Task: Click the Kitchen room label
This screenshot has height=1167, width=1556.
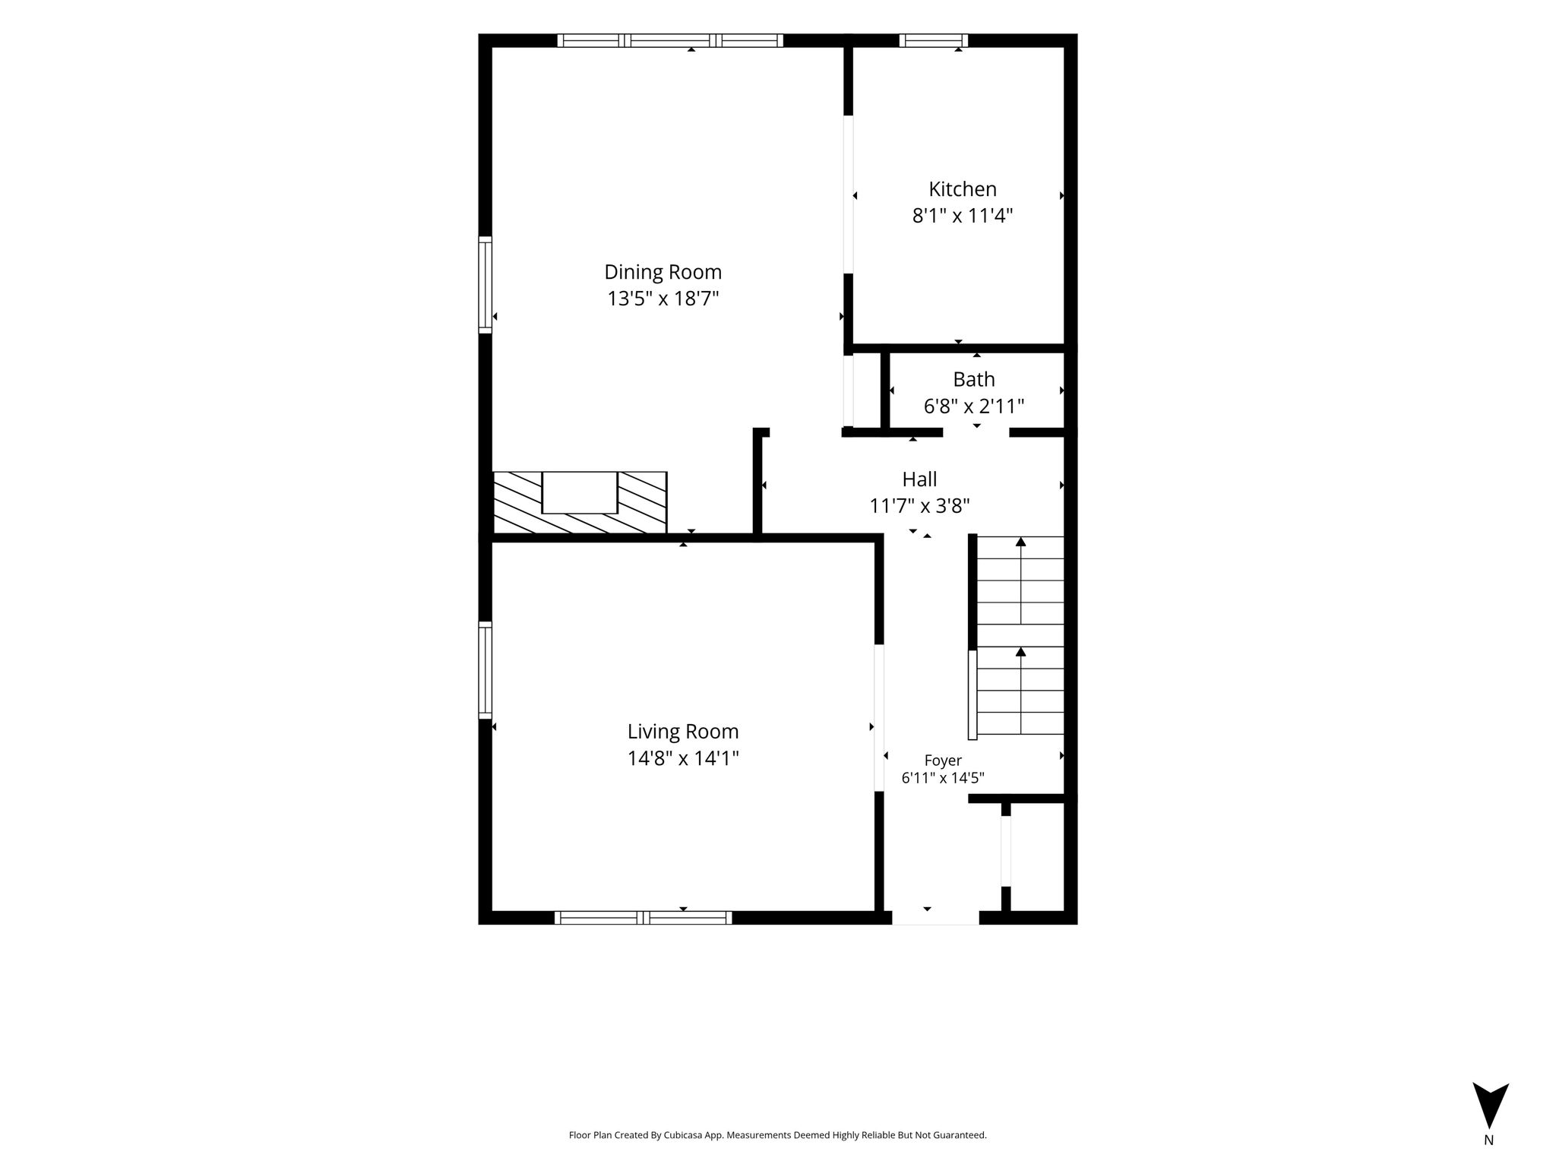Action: [x=963, y=189]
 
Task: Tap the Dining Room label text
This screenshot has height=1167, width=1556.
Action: [x=663, y=272]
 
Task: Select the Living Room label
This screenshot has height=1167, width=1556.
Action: [x=683, y=732]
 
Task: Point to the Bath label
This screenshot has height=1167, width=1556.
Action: [x=974, y=379]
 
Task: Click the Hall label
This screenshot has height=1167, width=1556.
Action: [x=919, y=479]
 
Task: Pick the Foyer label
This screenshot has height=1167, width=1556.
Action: [x=943, y=761]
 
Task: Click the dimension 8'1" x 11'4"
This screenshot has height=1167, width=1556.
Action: [x=963, y=216]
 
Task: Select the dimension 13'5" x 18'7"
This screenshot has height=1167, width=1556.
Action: [x=663, y=299]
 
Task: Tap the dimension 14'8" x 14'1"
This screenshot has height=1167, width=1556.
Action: [x=683, y=758]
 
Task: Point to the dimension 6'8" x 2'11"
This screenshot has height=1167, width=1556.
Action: [x=974, y=406]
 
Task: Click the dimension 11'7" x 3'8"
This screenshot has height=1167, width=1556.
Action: [x=919, y=506]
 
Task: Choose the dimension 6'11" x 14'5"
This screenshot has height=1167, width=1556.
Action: [x=943, y=778]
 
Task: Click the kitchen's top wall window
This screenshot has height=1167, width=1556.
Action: [x=934, y=40]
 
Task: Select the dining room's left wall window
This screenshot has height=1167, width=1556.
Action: [x=485, y=285]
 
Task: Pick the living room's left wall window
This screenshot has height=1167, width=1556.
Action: [x=485, y=670]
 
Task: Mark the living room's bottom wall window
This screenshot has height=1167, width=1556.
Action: [x=644, y=918]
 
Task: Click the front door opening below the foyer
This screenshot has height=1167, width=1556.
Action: [x=935, y=918]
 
